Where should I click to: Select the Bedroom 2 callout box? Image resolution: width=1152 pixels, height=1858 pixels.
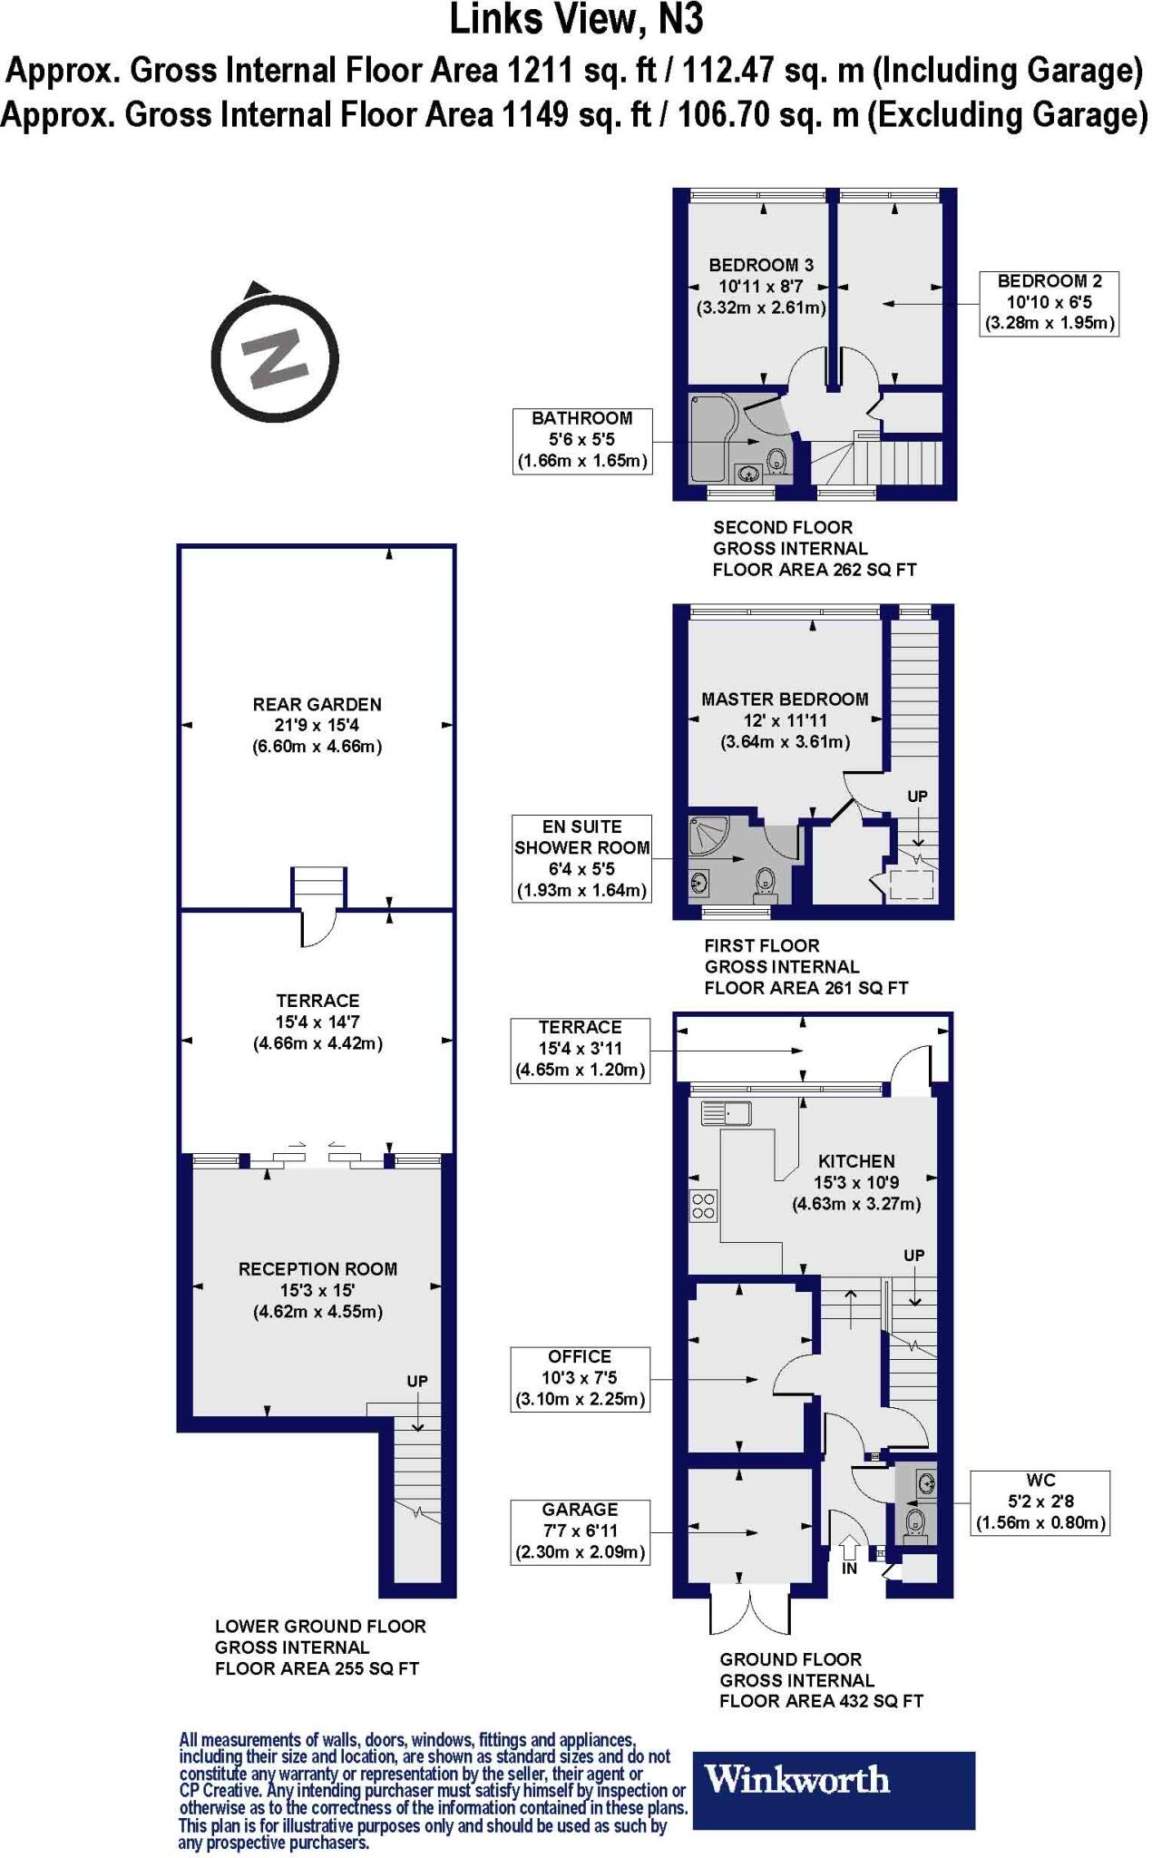pyautogui.click(x=1049, y=303)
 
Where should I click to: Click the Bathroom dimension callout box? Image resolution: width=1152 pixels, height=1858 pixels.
pyautogui.click(x=581, y=440)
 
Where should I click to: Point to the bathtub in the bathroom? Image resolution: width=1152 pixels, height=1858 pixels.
pyautogui.click(x=715, y=440)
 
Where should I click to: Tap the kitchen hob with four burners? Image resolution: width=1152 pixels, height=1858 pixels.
pyautogui.click(x=704, y=1205)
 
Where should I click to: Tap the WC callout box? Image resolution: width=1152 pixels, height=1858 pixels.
pyautogui.click(x=1040, y=1502)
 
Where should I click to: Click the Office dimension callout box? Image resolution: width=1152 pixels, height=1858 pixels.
pyautogui.click(x=581, y=1379)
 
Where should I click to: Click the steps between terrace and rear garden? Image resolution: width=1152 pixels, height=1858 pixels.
pyautogui.click(x=318, y=888)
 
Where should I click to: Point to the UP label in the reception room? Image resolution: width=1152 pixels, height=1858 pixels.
pyautogui.click(x=417, y=1382)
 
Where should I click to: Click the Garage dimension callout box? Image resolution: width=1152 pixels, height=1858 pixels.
pyautogui.click(x=581, y=1532)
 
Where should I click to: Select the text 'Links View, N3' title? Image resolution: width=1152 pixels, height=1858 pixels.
pyautogui.click(x=577, y=20)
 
